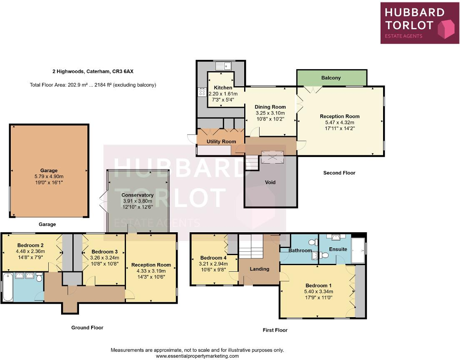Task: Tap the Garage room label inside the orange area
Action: pos(49,171)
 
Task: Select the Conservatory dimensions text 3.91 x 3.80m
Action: pos(137,201)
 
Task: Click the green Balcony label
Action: pos(331,78)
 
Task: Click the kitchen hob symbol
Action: pos(202,92)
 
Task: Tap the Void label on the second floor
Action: pos(270,182)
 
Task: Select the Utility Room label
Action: pos(221,142)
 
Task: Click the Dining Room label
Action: pos(270,107)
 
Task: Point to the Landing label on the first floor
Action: pos(259,269)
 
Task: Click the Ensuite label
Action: pos(338,249)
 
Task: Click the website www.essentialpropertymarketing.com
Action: pos(197,356)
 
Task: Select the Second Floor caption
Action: pos(339,173)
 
